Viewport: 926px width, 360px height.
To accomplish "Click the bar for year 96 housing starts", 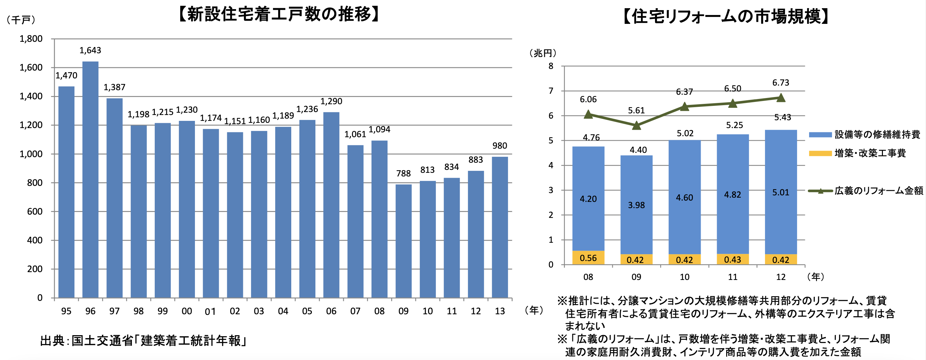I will tap(90, 180).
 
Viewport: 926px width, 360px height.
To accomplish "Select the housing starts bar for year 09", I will tap(403, 241).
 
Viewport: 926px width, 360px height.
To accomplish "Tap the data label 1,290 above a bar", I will tap(331, 101).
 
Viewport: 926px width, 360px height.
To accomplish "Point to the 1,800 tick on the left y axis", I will tap(31, 39).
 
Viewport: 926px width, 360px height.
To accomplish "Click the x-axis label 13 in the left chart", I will tap(500, 311).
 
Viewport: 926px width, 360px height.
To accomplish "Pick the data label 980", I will tap(500, 146).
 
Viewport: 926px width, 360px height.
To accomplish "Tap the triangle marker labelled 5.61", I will tap(636, 125).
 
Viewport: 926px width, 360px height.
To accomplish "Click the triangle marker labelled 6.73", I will tap(781, 97).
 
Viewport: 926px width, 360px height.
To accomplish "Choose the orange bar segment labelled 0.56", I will tap(588, 258).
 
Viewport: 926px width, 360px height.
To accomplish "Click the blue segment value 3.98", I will tap(636, 205).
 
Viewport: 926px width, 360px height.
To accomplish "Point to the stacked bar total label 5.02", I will tap(685, 133).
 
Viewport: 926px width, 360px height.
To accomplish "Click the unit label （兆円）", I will tap(543, 53).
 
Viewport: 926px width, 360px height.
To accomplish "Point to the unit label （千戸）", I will tap(21, 20).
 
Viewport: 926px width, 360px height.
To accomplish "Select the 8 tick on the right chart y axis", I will tap(551, 66).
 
